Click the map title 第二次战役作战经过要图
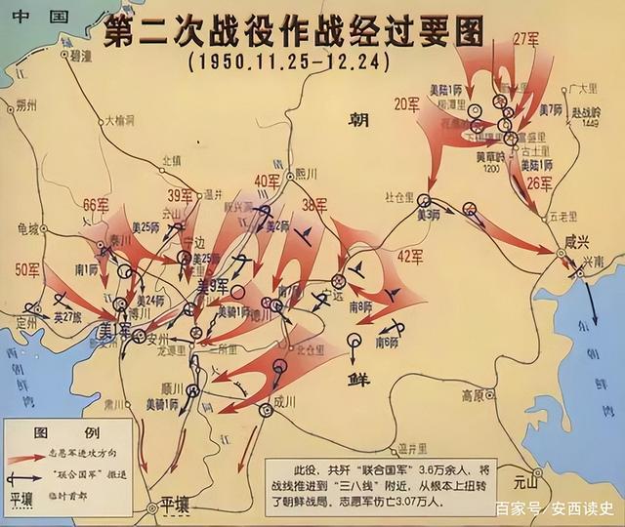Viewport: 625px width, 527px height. pyautogui.click(x=292, y=33)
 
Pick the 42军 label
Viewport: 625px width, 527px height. pyautogui.click(x=409, y=257)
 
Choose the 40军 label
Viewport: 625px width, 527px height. pyautogui.click(x=267, y=181)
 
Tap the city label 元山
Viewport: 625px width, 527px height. pyautogui.click(x=524, y=480)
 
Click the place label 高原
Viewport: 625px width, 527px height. pyautogui.click(x=474, y=395)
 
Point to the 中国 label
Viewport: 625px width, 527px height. pyautogui.click(x=21, y=17)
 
